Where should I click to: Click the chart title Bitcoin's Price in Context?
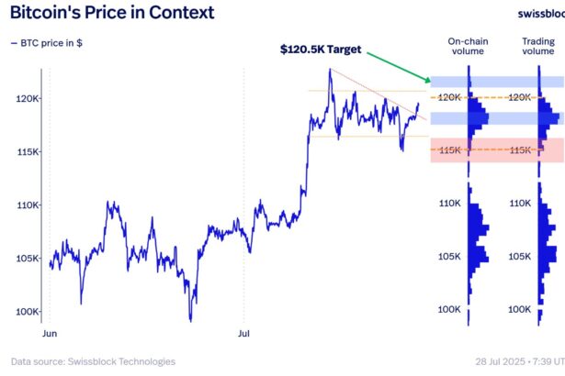coord(111,13)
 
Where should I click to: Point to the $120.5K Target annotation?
coord(321,49)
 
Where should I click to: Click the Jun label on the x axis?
coord(51,334)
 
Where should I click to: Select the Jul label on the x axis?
coord(243,334)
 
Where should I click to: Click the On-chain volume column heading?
coord(468,47)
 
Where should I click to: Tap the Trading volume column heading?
coord(537,47)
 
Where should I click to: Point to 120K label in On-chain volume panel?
coord(448,97)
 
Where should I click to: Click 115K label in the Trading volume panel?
coord(520,149)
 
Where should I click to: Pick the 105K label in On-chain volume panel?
coord(448,256)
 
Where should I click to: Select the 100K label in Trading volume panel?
coord(520,309)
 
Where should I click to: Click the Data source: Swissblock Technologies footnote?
coord(93,361)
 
